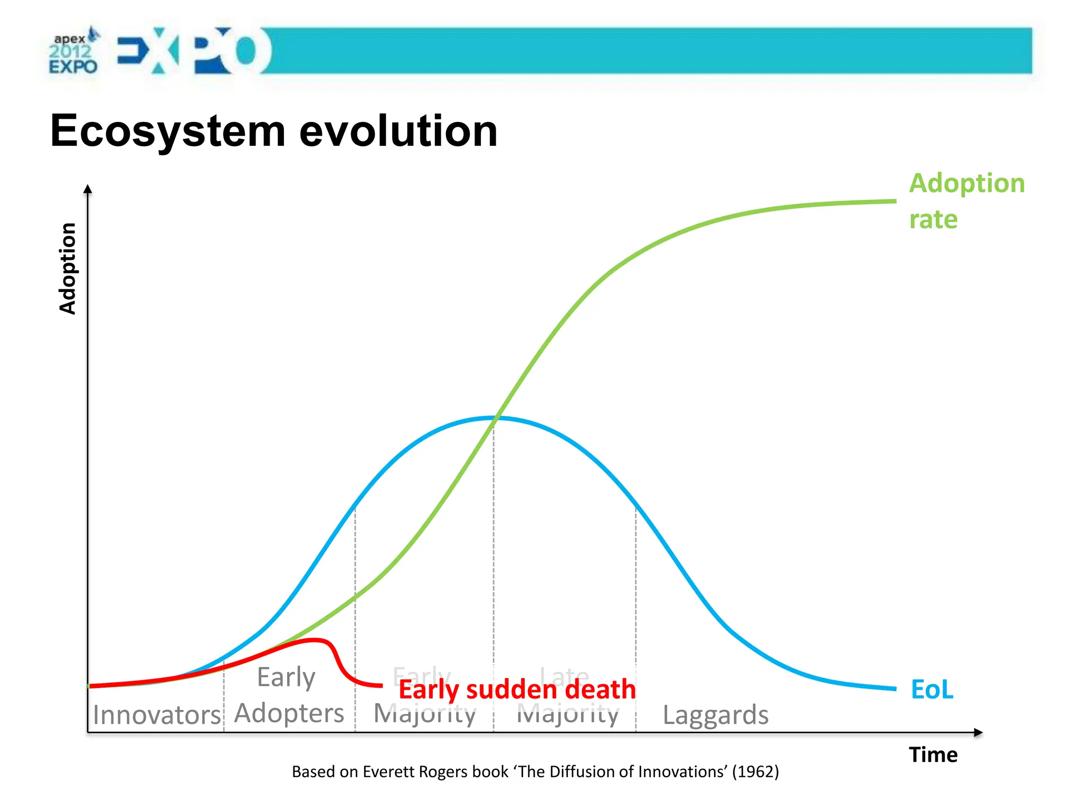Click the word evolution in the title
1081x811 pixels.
(x=399, y=131)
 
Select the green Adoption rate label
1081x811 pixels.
(x=966, y=201)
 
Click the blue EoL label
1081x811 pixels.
(x=932, y=690)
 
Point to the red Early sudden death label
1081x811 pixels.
(x=517, y=690)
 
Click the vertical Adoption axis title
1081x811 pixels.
(x=68, y=268)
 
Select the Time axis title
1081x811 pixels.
(x=933, y=755)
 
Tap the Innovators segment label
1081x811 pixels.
(x=156, y=715)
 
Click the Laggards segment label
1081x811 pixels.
(x=715, y=715)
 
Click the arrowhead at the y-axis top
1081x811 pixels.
(x=88, y=189)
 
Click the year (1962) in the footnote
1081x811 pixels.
(x=755, y=771)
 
